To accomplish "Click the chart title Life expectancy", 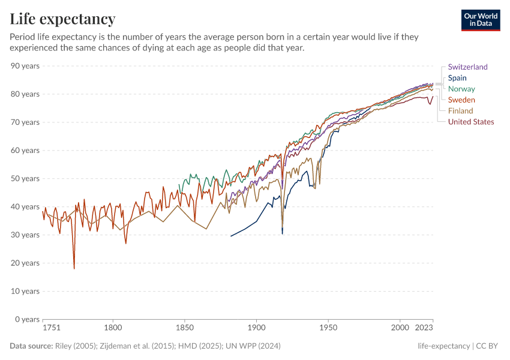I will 63,19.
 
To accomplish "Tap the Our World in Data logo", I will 481,20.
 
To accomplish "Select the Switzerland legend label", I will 467,67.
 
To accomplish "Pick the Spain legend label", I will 457,78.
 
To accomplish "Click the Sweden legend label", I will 461,100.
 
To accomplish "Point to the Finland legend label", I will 460,110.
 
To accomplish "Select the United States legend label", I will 471,122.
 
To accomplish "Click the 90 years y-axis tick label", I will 25,65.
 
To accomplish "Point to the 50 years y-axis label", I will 25,178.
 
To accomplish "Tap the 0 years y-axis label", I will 27,319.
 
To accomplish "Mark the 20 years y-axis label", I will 25,263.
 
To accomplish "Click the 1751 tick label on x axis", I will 51,329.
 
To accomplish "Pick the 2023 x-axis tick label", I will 424,329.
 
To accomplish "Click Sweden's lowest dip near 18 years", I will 74,268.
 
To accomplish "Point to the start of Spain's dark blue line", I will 231,236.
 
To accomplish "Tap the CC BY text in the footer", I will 488,346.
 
